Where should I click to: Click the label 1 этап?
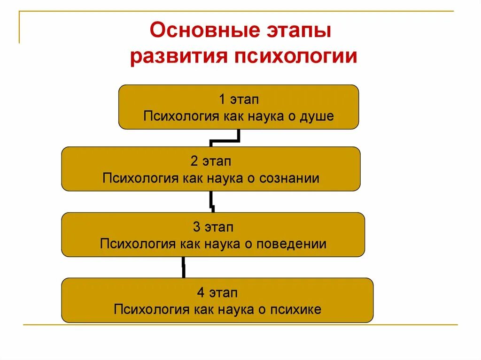click(239, 100)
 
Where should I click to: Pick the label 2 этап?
click(211, 161)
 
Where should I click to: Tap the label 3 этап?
click(213, 227)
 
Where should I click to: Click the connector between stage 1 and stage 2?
click(225, 139)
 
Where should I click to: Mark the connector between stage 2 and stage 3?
click(212, 202)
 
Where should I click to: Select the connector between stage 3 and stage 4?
click(183, 268)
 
